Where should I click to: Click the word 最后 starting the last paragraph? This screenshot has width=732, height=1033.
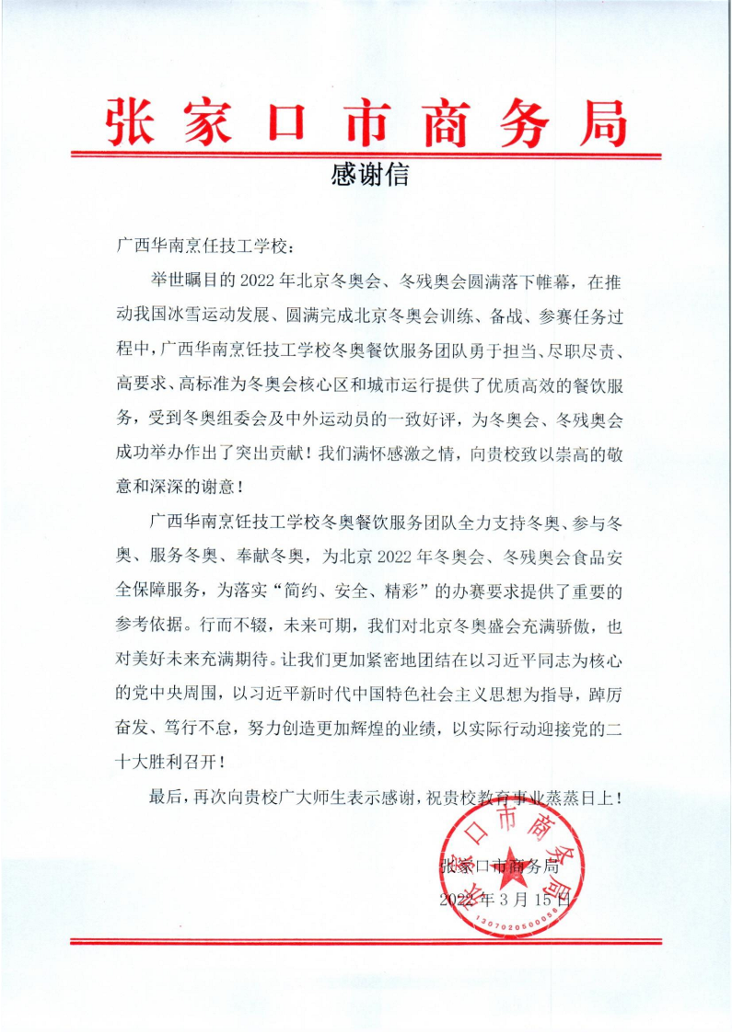tap(165, 797)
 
